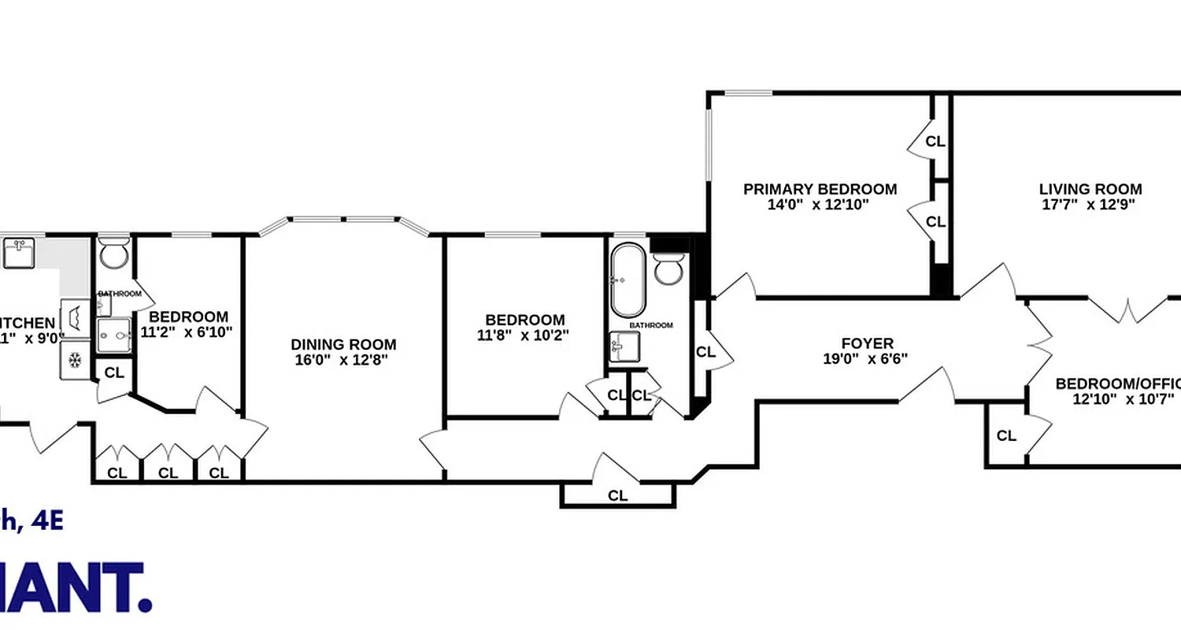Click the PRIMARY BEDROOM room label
[x=820, y=189]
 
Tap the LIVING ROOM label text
[x=1090, y=189]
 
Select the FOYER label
[x=867, y=343]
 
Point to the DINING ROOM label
[x=343, y=344]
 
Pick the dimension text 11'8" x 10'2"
[x=524, y=334]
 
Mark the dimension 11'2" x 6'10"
[x=186, y=332]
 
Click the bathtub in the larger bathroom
[x=627, y=280]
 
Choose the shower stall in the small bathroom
[x=115, y=335]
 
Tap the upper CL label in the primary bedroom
[x=935, y=142]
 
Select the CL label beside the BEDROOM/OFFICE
[x=1006, y=435]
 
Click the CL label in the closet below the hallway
[x=618, y=495]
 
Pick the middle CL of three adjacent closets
[x=168, y=473]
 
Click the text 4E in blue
[x=46, y=521]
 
